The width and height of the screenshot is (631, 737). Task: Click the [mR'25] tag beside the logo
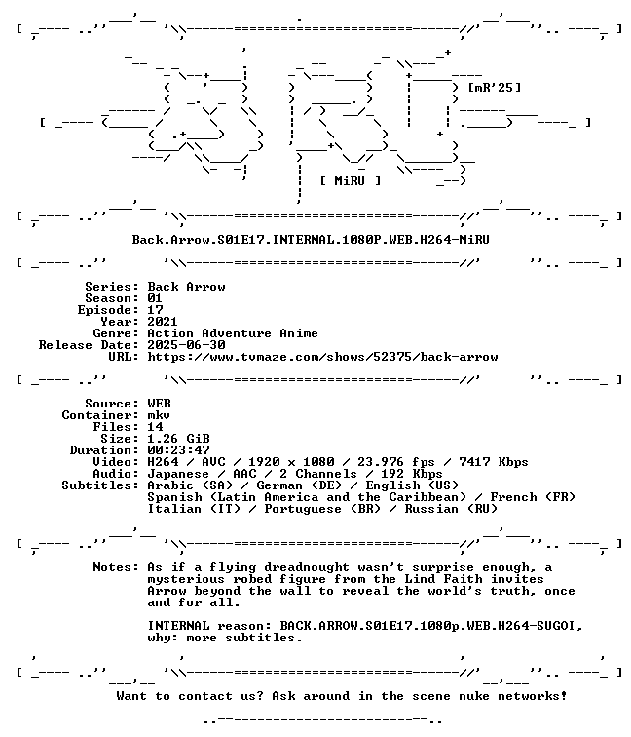(x=495, y=88)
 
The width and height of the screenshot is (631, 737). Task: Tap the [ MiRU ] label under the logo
(x=351, y=181)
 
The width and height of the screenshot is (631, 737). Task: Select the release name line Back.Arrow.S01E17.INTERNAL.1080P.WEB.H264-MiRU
(x=311, y=240)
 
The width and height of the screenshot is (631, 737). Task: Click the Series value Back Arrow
(x=186, y=287)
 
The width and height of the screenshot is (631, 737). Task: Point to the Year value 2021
(x=163, y=322)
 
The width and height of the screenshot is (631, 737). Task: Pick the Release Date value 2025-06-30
(x=186, y=345)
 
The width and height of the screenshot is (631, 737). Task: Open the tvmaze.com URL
(x=322, y=357)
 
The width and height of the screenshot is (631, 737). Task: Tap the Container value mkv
(x=159, y=415)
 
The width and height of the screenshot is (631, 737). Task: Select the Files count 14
(x=155, y=427)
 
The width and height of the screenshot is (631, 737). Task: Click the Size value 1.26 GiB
(x=178, y=439)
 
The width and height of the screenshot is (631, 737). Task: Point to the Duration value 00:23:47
(x=178, y=450)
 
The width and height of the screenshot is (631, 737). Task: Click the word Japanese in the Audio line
(x=178, y=474)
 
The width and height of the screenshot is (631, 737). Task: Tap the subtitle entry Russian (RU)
(x=451, y=509)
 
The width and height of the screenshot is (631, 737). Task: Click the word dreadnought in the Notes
(x=307, y=567)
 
